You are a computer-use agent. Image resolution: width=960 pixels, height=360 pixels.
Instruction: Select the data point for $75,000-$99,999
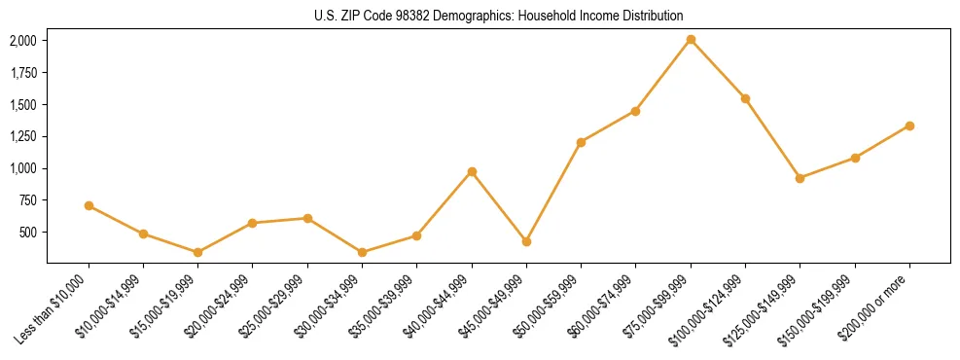[x=691, y=40]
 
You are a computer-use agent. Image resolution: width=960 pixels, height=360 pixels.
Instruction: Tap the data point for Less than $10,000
[x=89, y=205]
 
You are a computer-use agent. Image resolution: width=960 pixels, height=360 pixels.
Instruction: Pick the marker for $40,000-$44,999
[x=472, y=171]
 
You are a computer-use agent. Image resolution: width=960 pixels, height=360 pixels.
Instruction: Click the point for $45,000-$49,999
[x=526, y=241]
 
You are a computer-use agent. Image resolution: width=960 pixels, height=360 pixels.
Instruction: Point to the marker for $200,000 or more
[x=909, y=126]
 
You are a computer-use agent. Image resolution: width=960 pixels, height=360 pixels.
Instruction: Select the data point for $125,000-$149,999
[x=800, y=178]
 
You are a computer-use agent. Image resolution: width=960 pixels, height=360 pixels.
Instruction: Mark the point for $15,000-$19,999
[x=197, y=252]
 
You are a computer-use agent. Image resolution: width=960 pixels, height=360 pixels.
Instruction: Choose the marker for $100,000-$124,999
[x=745, y=98]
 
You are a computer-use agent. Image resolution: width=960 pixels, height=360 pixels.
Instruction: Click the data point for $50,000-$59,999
[x=581, y=142]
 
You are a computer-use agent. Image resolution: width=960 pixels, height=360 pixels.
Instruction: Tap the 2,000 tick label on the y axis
[x=23, y=41]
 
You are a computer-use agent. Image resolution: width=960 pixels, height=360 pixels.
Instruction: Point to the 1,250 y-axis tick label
[x=23, y=136]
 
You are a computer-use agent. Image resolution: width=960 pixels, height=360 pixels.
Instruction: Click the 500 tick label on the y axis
[x=29, y=233]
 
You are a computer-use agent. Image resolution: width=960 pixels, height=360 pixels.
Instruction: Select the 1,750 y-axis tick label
[x=23, y=73]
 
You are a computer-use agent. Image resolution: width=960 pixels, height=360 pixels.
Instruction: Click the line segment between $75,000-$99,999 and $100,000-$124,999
[x=718, y=69]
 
